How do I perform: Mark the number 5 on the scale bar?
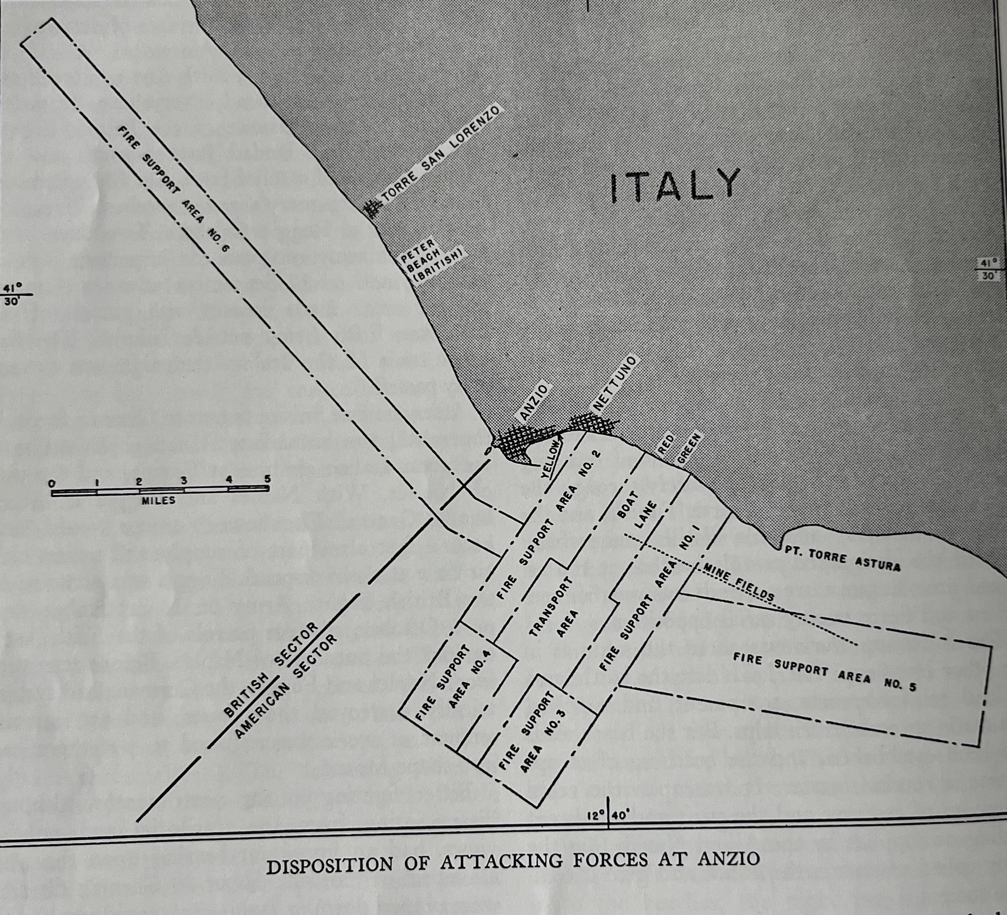(267, 479)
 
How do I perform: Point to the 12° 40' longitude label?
(609, 815)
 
